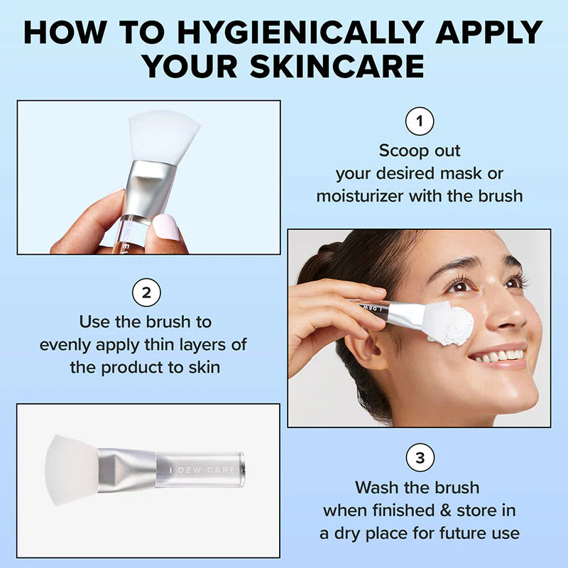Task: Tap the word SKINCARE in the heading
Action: click(x=337, y=67)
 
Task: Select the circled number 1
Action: click(x=420, y=121)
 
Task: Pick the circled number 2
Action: click(x=146, y=293)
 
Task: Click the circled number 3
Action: click(x=420, y=457)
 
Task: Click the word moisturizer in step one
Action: click(x=360, y=197)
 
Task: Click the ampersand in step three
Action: click(x=446, y=510)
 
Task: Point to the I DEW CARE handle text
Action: click(x=202, y=470)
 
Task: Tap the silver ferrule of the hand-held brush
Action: click(x=149, y=190)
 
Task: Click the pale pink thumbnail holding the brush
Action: click(x=166, y=226)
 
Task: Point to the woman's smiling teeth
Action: click(x=499, y=356)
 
